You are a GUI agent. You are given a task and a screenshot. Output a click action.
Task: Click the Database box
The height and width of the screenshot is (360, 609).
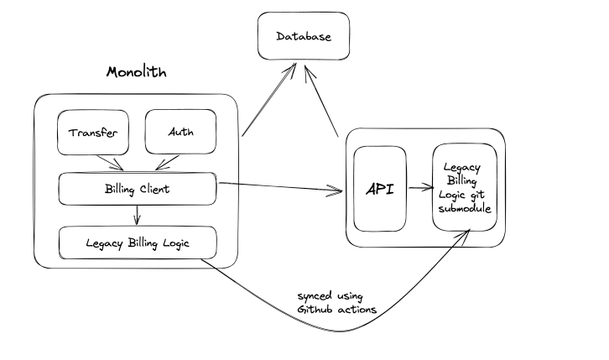303,36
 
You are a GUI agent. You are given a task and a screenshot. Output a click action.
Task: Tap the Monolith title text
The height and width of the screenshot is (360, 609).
136,72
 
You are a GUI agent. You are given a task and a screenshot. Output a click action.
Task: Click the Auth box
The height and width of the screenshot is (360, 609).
180,133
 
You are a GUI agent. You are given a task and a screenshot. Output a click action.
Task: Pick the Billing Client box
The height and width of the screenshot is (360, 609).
138,189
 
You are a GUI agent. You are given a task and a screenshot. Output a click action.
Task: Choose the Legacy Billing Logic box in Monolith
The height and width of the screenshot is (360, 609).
138,243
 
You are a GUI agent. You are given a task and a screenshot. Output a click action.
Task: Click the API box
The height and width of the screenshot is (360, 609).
380,189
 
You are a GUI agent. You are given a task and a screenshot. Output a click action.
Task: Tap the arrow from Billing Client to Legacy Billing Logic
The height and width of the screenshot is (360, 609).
137,216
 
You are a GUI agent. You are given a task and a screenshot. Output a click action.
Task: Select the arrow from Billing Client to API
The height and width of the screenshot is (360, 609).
281,187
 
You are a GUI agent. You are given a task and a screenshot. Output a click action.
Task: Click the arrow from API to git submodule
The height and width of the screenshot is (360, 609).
419,190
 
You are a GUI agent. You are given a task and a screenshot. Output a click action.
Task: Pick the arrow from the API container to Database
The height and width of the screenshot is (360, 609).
323,101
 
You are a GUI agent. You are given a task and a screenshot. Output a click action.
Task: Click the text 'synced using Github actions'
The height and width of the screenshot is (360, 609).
336,303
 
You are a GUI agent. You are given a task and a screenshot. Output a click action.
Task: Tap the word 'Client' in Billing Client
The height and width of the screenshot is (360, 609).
152,189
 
